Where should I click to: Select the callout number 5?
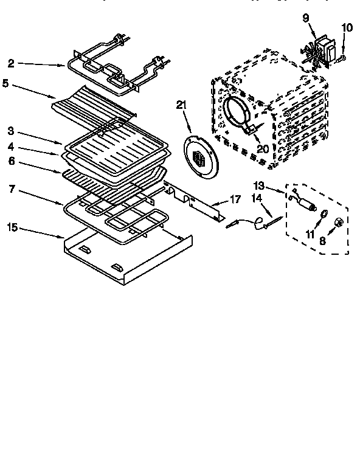pos(5,83)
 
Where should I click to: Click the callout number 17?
pos(235,199)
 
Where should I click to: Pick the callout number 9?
pos(306,18)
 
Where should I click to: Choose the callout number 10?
pos(347,27)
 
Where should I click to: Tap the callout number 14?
pos(257,198)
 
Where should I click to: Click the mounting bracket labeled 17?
pos(195,201)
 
